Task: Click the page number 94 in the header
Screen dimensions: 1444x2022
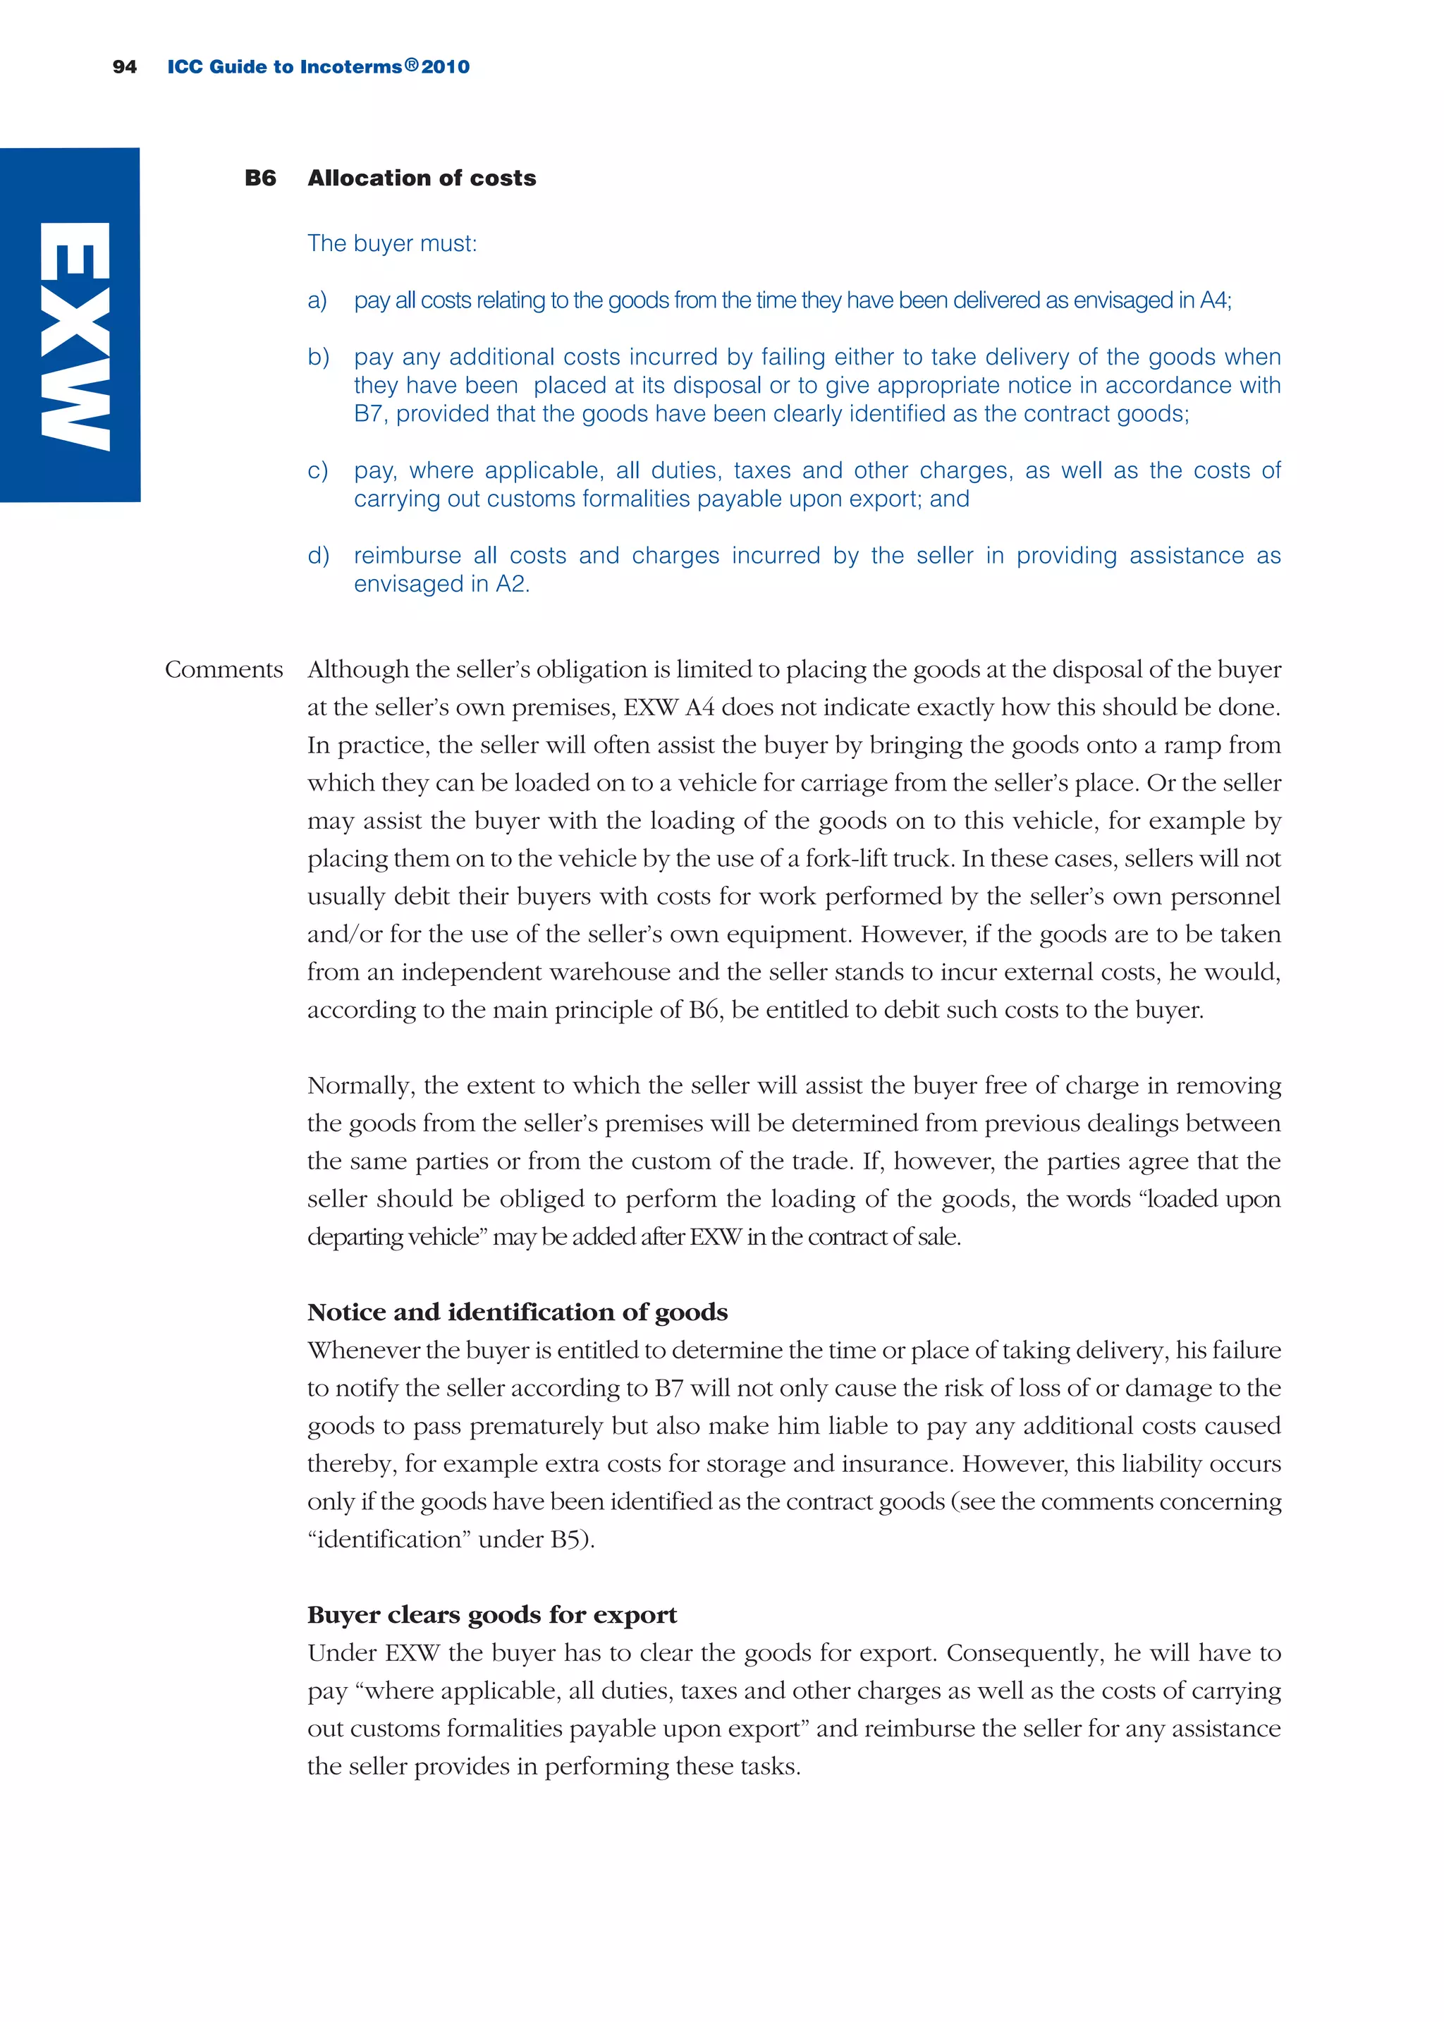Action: click(125, 67)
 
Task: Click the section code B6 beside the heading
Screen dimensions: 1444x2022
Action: click(259, 178)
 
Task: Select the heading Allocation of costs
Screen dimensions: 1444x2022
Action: click(422, 178)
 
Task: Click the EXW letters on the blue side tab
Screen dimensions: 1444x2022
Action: click(75, 336)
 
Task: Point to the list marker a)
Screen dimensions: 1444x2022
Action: click(317, 300)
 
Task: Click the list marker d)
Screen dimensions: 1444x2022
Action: click(318, 556)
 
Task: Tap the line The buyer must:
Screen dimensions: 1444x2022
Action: click(392, 243)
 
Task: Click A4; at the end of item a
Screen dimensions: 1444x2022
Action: click(1215, 300)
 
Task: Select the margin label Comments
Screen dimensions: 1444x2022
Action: click(224, 669)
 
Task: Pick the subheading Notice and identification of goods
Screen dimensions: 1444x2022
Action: click(518, 1313)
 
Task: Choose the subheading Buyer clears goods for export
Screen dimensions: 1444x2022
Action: click(491, 1615)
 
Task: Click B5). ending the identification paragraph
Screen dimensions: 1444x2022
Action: click(572, 1539)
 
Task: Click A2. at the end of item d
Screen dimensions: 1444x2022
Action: click(512, 584)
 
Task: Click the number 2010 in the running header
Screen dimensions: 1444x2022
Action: click(446, 67)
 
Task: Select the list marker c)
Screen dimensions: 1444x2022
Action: click(317, 470)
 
